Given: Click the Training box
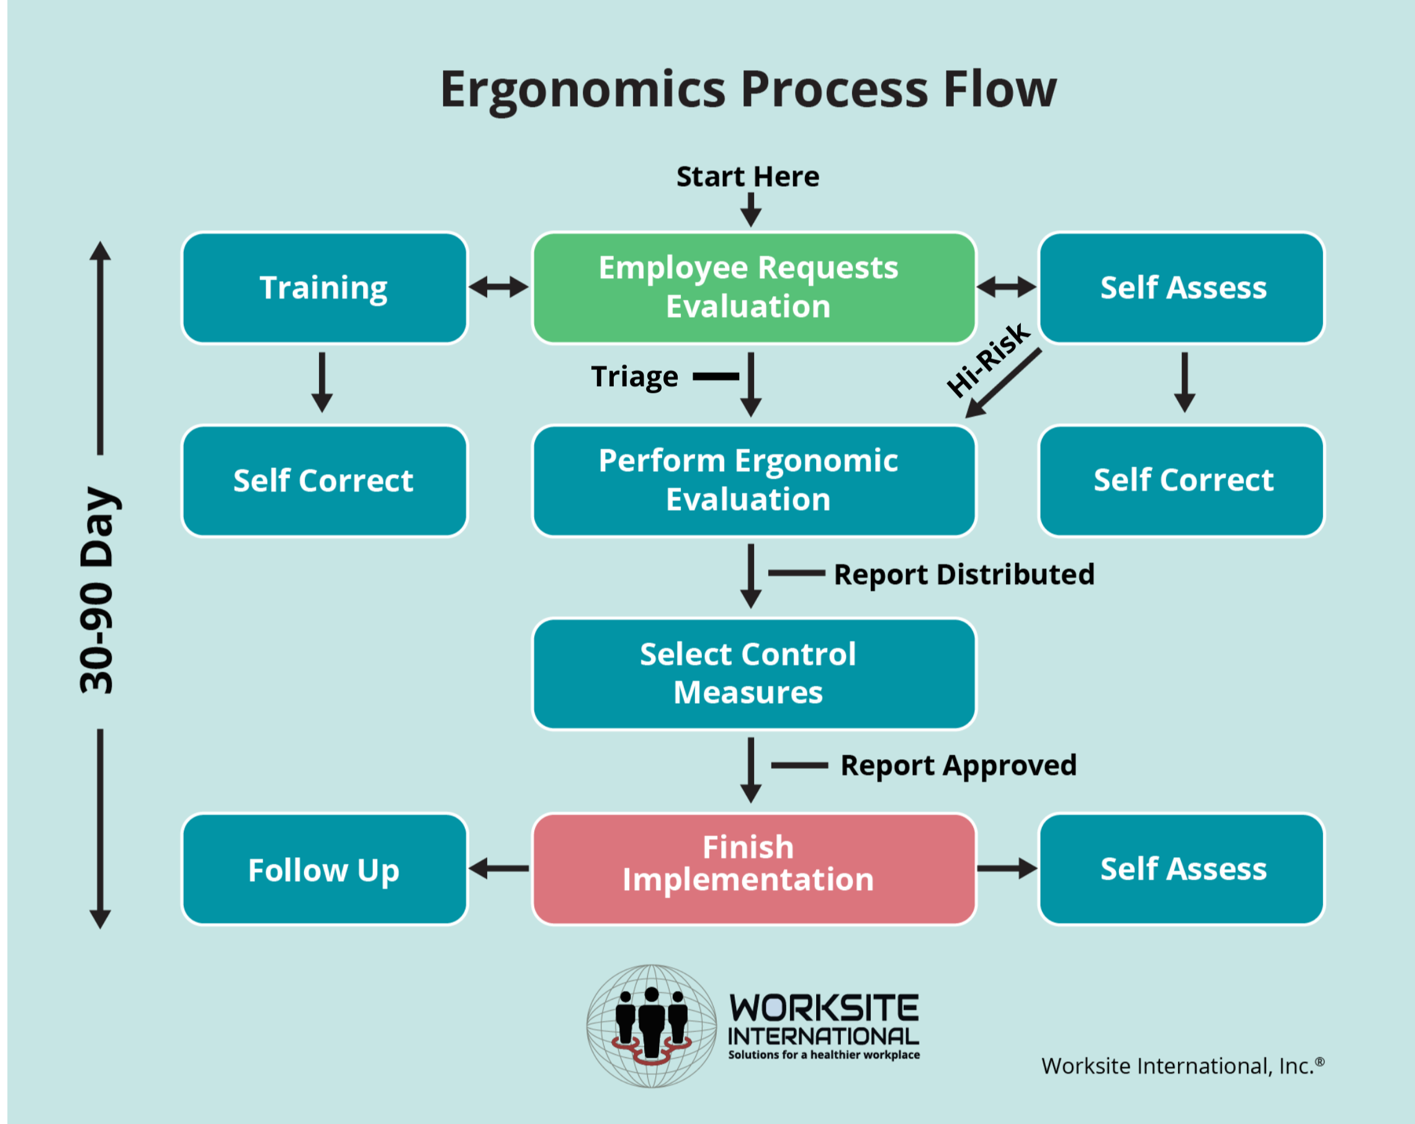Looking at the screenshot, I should [x=324, y=288].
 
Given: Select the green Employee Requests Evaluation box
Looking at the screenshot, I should [x=753, y=288].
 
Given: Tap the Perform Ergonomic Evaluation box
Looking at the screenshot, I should [x=753, y=480].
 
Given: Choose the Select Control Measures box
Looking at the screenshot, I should [x=753, y=673].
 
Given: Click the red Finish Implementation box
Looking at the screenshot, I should [x=753, y=868].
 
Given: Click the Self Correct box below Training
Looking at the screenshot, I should [x=324, y=480].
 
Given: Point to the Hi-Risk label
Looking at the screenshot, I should [x=988, y=359].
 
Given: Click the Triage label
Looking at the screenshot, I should [x=634, y=377].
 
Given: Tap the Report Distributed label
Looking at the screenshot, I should [x=963, y=574].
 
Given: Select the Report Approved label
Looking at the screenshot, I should [x=958, y=765].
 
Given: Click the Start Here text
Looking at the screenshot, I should [x=748, y=176].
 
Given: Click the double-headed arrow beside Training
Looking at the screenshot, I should [x=499, y=287].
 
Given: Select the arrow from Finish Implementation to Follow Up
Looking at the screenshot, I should [x=499, y=868].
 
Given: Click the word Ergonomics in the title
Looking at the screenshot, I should [x=583, y=90].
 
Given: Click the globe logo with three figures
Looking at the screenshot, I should [x=651, y=1025].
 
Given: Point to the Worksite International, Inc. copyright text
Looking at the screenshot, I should [x=1182, y=1066].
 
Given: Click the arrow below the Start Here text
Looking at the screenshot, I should [x=750, y=210].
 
